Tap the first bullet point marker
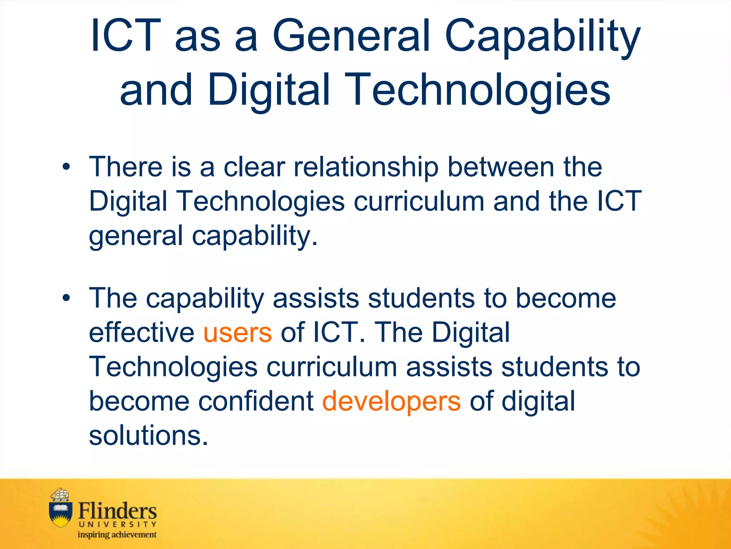click(x=66, y=167)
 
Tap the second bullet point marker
click(x=66, y=298)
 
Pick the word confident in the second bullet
click(x=256, y=401)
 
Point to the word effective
click(x=141, y=332)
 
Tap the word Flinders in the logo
click(x=117, y=511)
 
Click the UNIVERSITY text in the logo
click(x=117, y=524)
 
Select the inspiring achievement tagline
click(x=117, y=535)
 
